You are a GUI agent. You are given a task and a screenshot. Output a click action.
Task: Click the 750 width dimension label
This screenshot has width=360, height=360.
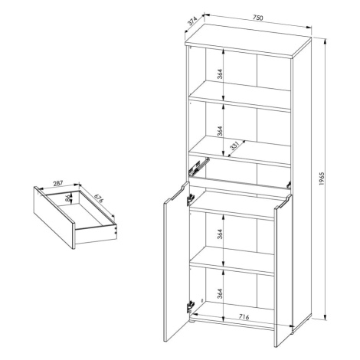pyautogui.click(x=257, y=18)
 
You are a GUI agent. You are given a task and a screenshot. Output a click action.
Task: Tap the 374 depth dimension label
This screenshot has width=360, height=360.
pyautogui.click(x=192, y=21)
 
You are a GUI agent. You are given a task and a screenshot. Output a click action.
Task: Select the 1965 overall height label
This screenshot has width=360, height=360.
pyautogui.click(x=322, y=178)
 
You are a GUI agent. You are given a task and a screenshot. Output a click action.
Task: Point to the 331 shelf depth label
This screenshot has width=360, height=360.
pyautogui.click(x=234, y=146)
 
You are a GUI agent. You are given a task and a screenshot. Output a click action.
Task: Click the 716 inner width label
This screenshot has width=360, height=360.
pyautogui.click(x=244, y=317)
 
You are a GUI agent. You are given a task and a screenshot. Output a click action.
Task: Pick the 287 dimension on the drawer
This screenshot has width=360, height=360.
pyautogui.click(x=57, y=183)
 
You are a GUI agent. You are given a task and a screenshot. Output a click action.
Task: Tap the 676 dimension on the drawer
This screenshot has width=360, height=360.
pyautogui.click(x=98, y=198)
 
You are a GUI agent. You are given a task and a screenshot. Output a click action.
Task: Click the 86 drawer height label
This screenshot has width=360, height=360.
pyautogui.click(x=67, y=198)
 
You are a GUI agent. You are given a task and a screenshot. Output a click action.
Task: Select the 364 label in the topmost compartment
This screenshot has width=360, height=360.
pyautogui.click(x=220, y=74)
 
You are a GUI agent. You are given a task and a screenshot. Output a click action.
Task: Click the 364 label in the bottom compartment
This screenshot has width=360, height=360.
pyautogui.click(x=220, y=293)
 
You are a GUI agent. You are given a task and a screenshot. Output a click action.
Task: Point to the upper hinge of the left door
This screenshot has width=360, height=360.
pyautogui.click(x=190, y=199)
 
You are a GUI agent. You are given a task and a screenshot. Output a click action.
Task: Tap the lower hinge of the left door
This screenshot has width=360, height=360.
pyautogui.click(x=190, y=306)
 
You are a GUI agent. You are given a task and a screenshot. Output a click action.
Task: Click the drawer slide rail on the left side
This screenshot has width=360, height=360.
pyautogui.click(x=199, y=166)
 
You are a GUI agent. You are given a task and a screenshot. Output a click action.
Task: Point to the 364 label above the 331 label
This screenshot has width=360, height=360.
pyautogui.click(x=220, y=131)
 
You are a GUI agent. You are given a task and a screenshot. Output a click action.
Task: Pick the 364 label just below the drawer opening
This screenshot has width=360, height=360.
pyautogui.click(x=220, y=234)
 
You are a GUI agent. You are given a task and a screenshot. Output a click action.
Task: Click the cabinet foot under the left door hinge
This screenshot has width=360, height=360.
pyautogui.click(x=194, y=321)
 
